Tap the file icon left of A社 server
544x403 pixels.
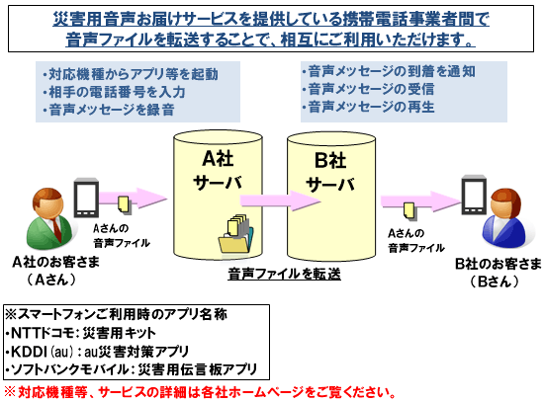[x=124, y=205]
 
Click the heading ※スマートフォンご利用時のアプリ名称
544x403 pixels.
[x=116, y=317]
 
